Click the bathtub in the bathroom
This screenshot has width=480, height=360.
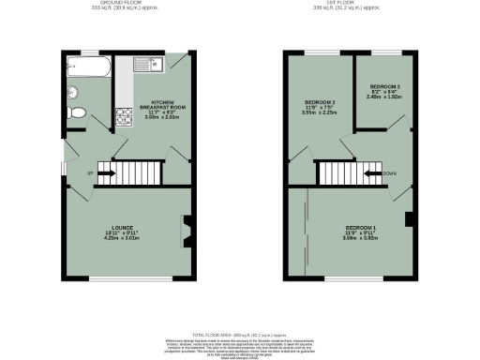point(87,68)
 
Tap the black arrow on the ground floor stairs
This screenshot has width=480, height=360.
point(104,173)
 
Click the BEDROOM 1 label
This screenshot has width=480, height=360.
point(361,228)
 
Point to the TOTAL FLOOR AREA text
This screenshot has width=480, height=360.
point(239,335)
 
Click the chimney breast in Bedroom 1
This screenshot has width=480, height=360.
point(409,220)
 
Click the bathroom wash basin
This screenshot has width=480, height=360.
point(71,92)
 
